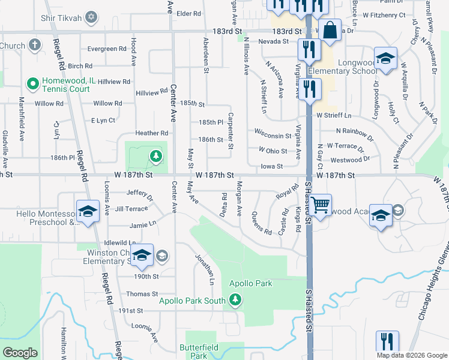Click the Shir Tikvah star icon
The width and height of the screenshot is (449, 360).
pos(91,17)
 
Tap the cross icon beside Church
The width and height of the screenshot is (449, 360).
pos(35,45)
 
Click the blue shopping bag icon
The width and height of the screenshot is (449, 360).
pos(330,30)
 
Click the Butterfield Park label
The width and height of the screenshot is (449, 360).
pos(194,351)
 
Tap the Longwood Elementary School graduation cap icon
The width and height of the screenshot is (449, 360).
pos(385,59)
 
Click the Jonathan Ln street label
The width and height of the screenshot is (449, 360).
pos(205,269)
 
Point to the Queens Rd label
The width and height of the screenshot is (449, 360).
pos(262,223)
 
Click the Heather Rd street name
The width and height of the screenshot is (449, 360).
pos(151,133)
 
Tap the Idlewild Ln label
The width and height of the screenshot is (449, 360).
pos(116,242)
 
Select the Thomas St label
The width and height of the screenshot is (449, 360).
pos(142,294)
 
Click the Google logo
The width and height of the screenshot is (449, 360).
pos(20,352)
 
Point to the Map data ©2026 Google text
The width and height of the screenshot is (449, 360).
pos(411,355)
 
